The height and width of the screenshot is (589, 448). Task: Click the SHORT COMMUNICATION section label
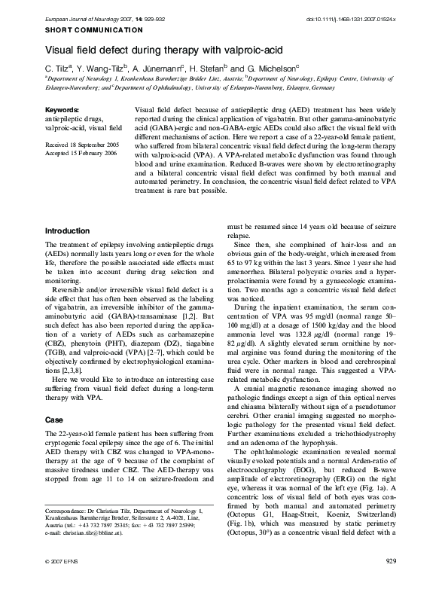tap(94, 29)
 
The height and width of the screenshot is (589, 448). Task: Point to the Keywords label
tap(63, 110)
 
